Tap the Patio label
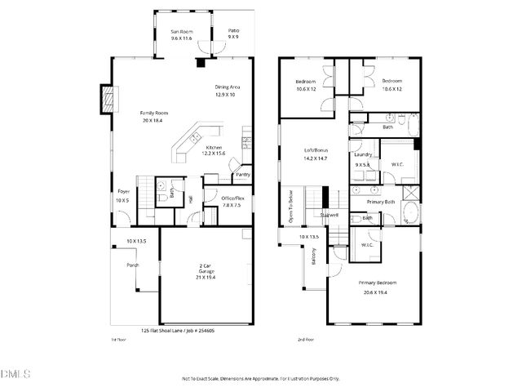pyautogui.click(x=233, y=32)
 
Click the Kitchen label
pyautogui.click(x=214, y=148)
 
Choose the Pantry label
pyautogui.click(x=242, y=174)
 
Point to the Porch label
pyautogui.click(x=132, y=263)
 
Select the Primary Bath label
pyautogui.click(x=380, y=200)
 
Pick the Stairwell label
pyautogui.click(x=330, y=216)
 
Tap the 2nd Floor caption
pyautogui.click(x=306, y=339)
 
